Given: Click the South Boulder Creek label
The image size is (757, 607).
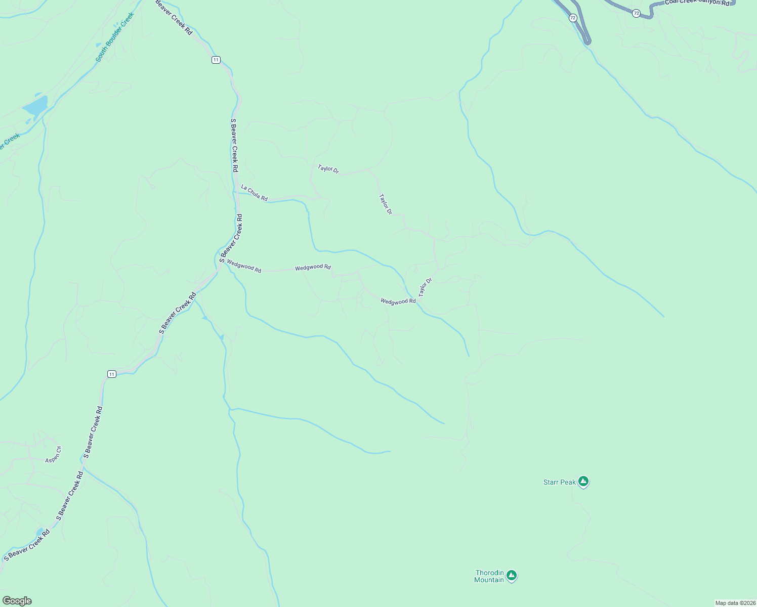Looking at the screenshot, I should (114, 37).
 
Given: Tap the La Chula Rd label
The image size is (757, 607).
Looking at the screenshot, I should (254, 193).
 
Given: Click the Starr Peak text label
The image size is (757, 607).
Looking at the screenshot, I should (559, 482).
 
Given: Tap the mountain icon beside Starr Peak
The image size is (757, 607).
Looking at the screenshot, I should (583, 481).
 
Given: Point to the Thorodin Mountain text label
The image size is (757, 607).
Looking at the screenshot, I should (489, 576).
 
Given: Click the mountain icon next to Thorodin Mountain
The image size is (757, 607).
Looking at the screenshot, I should (512, 575).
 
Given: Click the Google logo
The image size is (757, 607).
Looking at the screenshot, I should (17, 601).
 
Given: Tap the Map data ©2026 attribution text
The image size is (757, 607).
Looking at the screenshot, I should (735, 603).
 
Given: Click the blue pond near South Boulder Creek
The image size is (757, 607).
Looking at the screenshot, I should (35, 106).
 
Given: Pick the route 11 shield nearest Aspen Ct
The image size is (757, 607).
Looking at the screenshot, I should (112, 374).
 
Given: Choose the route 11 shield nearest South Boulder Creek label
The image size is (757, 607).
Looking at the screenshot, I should (216, 60).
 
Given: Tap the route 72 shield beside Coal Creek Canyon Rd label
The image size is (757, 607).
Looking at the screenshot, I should (636, 13).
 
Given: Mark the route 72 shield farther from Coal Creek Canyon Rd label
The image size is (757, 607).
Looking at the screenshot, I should (572, 18).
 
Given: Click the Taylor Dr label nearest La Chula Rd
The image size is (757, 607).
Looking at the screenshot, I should (328, 169).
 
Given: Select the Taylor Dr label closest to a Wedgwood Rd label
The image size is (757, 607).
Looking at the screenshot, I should (425, 287).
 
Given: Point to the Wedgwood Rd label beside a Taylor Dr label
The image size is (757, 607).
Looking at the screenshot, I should (398, 301).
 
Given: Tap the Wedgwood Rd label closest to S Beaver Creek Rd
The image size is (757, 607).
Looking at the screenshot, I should (244, 266).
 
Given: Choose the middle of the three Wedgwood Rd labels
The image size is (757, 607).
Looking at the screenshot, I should (313, 267).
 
